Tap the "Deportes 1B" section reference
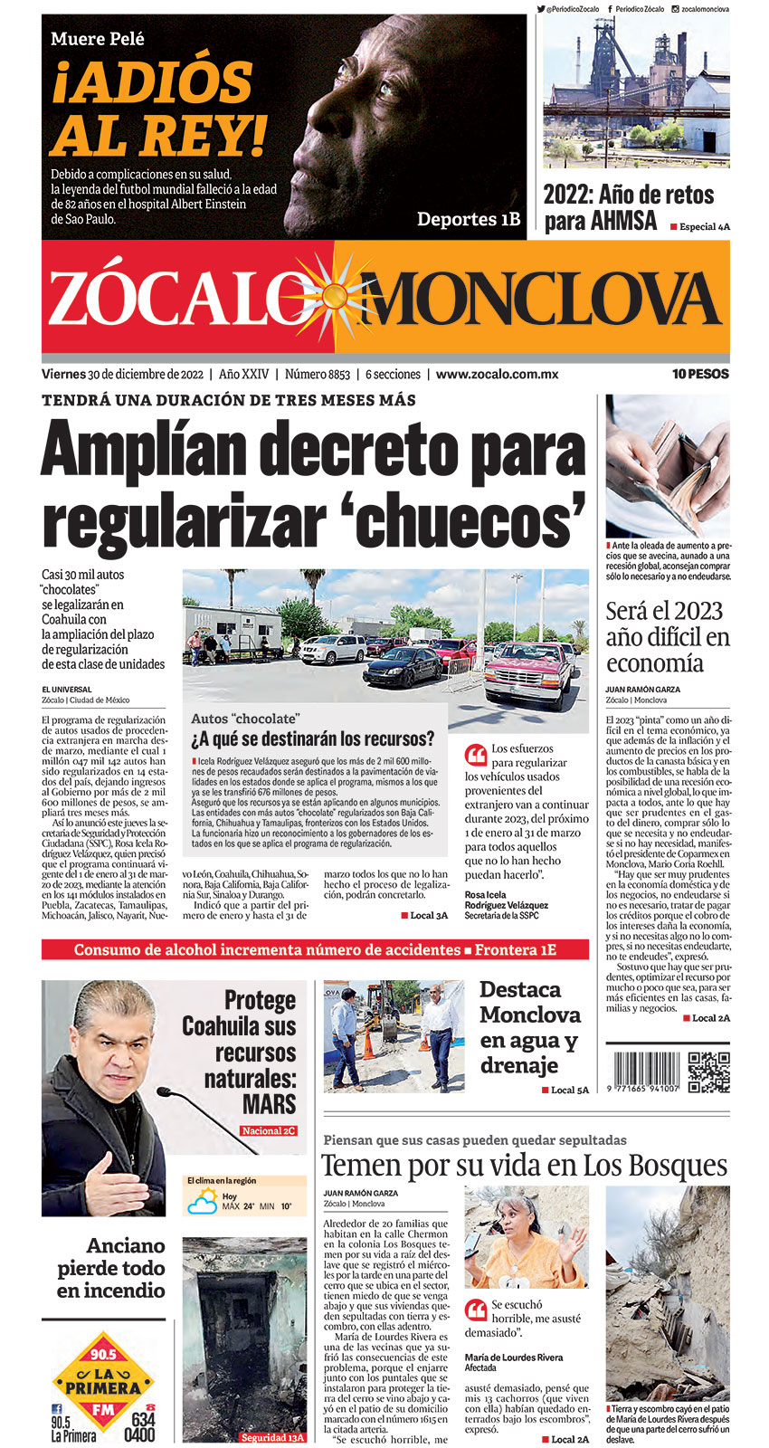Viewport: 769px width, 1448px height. [x=469, y=219]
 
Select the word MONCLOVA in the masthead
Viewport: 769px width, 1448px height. [x=543, y=300]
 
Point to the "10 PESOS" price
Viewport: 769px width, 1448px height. [x=699, y=374]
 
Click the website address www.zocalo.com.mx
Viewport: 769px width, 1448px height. [x=497, y=374]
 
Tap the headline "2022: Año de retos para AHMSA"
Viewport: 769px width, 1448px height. [x=628, y=207]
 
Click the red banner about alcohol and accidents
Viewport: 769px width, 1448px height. [x=315, y=949]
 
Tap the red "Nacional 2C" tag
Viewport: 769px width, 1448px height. [x=269, y=1130]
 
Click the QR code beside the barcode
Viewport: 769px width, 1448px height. [x=708, y=1072]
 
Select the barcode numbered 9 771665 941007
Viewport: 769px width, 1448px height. [x=643, y=1072]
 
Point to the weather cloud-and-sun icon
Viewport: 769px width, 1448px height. [x=202, y=1202]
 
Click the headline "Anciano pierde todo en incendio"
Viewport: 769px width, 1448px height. [x=111, y=1268]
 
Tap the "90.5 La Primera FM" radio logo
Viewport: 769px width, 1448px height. [x=104, y=1386]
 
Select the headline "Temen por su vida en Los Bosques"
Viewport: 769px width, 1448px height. [x=525, y=1165]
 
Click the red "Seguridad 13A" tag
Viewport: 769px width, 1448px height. [x=272, y=1437]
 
